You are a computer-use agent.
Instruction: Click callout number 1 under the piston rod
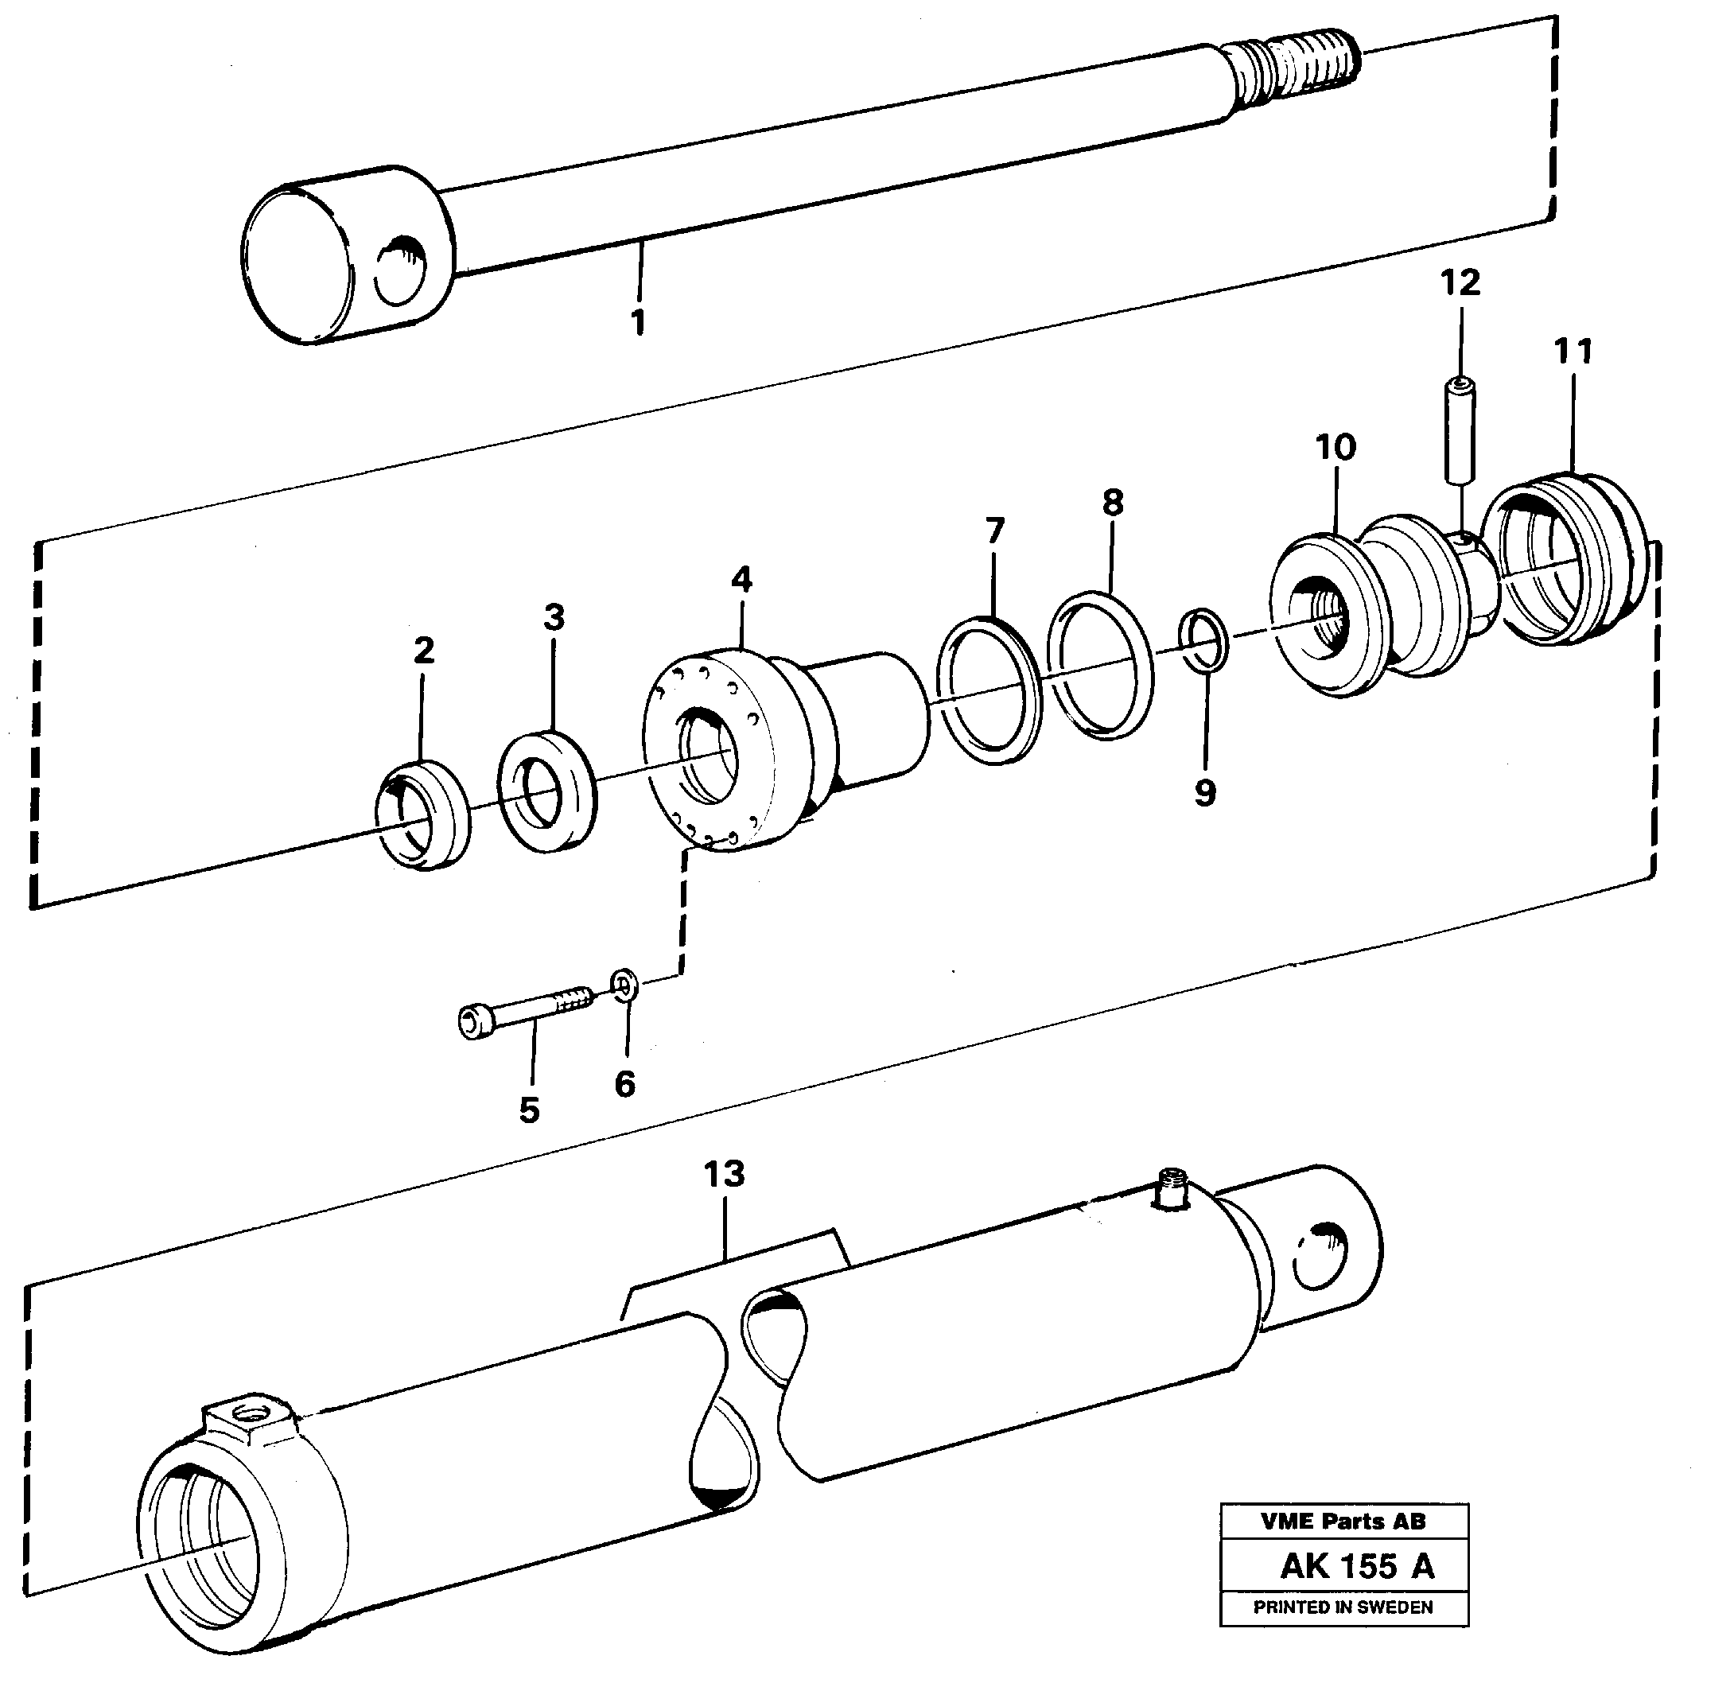[638, 322]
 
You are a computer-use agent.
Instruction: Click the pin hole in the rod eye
[401, 274]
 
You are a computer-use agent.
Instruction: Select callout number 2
[424, 651]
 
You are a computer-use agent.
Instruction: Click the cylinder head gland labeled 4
[752, 752]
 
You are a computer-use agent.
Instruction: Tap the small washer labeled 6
[625, 985]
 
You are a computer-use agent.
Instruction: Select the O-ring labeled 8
[1100, 666]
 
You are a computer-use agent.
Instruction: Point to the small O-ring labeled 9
[1204, 639]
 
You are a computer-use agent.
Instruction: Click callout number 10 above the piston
[1335, 448]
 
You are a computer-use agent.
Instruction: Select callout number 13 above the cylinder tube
[725, 1174]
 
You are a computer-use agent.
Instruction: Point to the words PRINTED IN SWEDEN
[1343, 1607]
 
